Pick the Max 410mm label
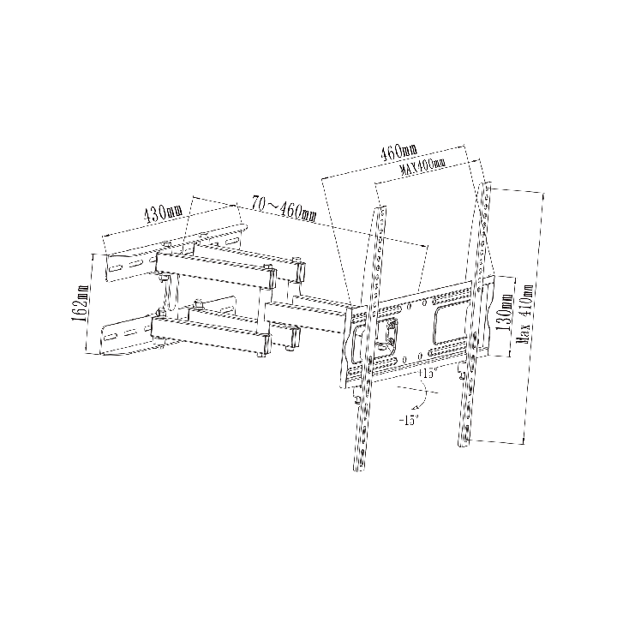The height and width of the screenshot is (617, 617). (x=526, y=314)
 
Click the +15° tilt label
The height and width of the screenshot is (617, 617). (x=428, y=373)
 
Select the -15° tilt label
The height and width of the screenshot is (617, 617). (x=407, y=421)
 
